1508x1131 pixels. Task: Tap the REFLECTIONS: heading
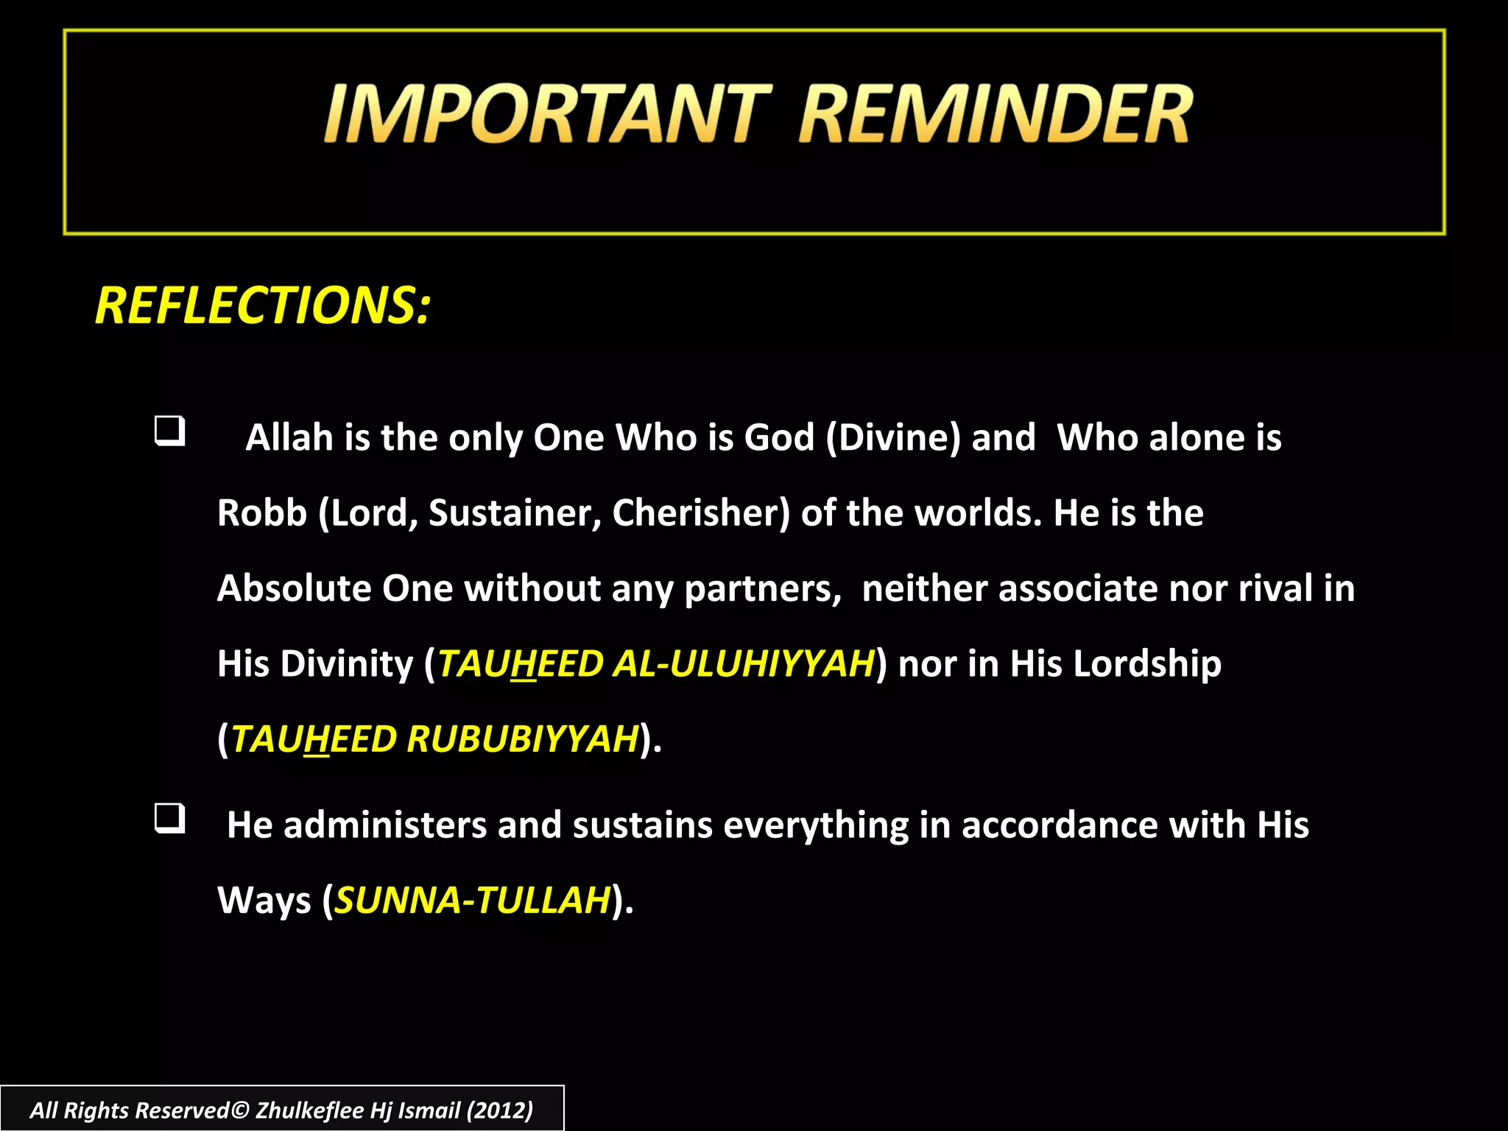263,306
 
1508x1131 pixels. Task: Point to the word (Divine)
893,437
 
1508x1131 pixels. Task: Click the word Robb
262,512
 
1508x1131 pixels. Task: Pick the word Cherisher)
701,512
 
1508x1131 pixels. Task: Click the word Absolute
294,588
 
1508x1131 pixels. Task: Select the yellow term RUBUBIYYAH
522,739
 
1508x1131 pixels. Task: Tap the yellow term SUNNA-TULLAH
473,900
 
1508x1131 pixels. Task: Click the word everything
816,825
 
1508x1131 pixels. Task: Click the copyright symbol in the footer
241,1110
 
